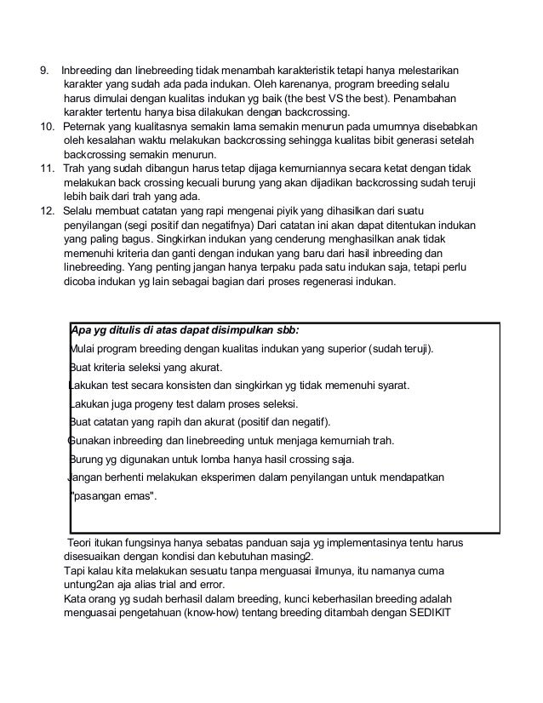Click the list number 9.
[46, 68]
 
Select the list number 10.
[49, 126]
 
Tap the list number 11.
[49, 169]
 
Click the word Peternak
[88, 126]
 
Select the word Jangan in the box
[84, 477]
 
